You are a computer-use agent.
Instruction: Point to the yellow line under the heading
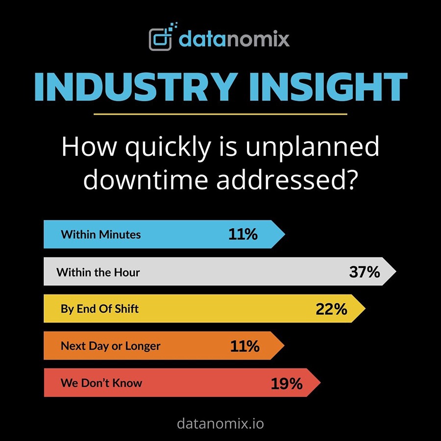coord(220,115)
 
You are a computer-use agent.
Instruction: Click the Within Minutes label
coord(100,234)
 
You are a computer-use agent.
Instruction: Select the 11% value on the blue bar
coord(243,234)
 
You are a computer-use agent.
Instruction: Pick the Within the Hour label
coord(98,272)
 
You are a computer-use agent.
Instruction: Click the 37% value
coord(365,272)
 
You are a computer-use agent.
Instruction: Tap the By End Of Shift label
coord(99,309)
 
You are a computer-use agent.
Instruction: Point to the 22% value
coord(331,309)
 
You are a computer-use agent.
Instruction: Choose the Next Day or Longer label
coord(110,346)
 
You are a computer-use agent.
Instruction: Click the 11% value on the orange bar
coord(245,346)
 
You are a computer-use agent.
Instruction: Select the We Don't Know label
coord(101,383)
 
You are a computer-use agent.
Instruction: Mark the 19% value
coord(287,383)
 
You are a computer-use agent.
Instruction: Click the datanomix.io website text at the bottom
coord(220,423)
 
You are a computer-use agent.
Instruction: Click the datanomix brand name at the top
coord(234,38)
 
